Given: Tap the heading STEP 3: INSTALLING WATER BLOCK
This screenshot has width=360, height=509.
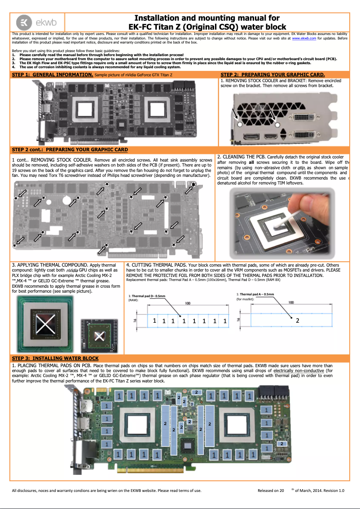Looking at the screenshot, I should click(55, 358).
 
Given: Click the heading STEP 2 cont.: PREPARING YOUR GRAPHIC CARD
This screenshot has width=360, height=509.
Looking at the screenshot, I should click(70, 149).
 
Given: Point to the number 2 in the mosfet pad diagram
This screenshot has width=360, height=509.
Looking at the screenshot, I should click(297, 320).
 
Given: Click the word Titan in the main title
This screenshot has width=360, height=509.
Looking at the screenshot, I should click(163, 27).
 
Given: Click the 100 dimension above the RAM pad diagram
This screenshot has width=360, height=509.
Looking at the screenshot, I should click(188, 304).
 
